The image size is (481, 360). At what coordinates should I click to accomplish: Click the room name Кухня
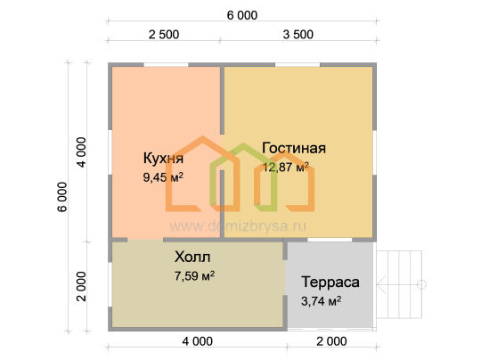pyautogui.click(x=163, y=159)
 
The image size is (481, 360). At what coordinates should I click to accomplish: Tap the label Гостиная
pyautogui.click(x=294, y=148)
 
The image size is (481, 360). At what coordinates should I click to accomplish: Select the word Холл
pyautogui.click(x=192, y=257)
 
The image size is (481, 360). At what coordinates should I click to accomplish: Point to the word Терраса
pyautogui.click(x=330, y=282)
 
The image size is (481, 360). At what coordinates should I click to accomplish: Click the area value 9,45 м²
pyautogui.click(x=163, y=177)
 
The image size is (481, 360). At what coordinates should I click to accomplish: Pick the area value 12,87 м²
pyautogui.click(x=285, y=168)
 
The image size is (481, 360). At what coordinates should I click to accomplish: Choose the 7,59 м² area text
pyautogui.click(x=194, y=276)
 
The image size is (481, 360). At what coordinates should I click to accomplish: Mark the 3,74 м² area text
pyautogui.click(x=321, y=301)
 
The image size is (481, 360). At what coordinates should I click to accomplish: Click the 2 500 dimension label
pyautogui.click(x=164, y=35)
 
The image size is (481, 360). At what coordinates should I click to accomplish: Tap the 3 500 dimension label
pyautogui.click(x=298, y=35)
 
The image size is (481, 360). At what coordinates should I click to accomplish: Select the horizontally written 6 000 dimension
pyautogui.click(x=242, y=15)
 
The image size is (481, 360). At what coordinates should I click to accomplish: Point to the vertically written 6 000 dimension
pyautogui.click(x=62, y=197)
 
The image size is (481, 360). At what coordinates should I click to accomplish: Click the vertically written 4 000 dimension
pyautogui.click(x=81, y=152)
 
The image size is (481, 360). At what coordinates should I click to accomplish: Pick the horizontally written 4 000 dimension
pyautogui.click(x=197, y=341)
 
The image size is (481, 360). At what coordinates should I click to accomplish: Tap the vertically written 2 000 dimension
pyautogui.click(x=81, y=286)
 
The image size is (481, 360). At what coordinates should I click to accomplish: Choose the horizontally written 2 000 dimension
pyautogui.click(x=331, y=341)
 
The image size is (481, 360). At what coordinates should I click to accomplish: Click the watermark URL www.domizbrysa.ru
pyautogui.click(x=238, y=226)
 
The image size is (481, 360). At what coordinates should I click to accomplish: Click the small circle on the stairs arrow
pyautogui.click(x=421, y=284)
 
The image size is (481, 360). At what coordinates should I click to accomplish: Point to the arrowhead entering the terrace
pyautogui.click(x=381, y=284)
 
